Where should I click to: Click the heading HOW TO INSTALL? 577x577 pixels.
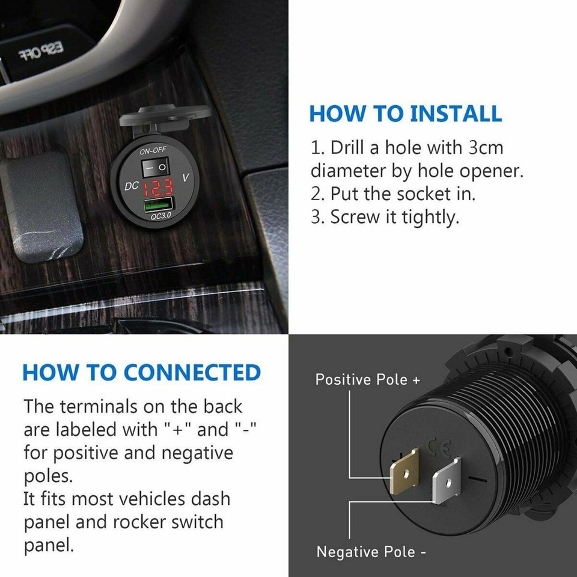406,114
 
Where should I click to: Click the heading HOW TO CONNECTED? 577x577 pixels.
142,373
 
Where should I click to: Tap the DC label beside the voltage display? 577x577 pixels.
132,186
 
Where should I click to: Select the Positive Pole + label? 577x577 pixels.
368,380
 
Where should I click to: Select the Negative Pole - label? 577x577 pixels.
371,551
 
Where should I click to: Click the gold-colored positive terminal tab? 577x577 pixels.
405,472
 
